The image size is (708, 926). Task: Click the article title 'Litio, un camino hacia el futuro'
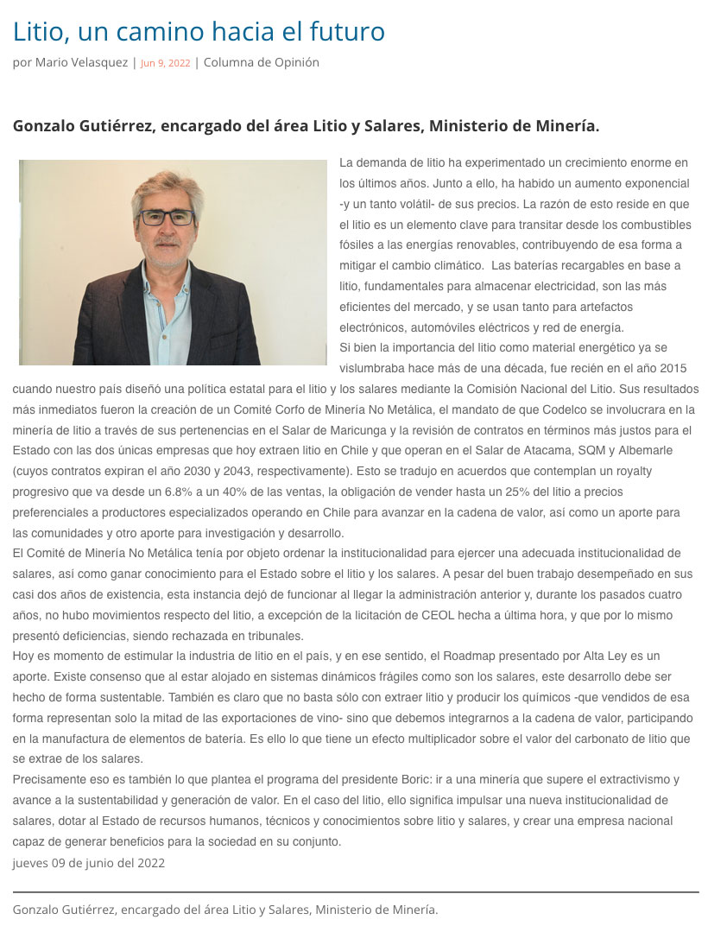(199, 32)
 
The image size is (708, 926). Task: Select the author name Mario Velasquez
(82, 62)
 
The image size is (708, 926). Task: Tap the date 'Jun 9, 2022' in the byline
(165, 63)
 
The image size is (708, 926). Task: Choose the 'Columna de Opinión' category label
(261, 62)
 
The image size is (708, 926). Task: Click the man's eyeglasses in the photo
(168, 217)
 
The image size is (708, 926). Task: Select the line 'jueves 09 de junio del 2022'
(89, 862)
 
